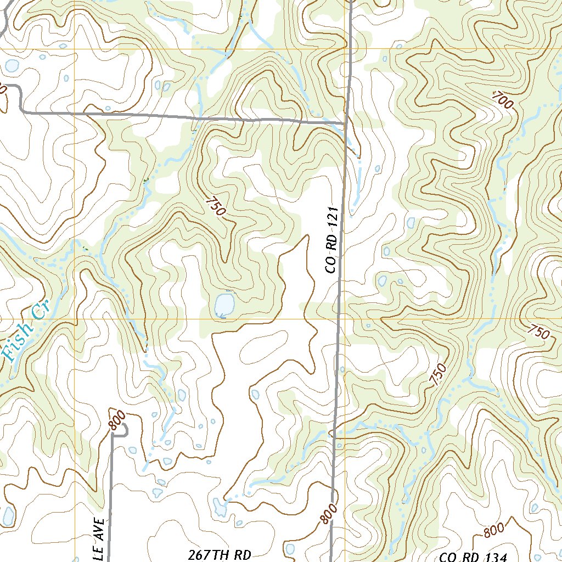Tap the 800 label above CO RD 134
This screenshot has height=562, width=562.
tap(494, 531)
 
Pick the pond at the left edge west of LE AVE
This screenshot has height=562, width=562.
tap(8, 516)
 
